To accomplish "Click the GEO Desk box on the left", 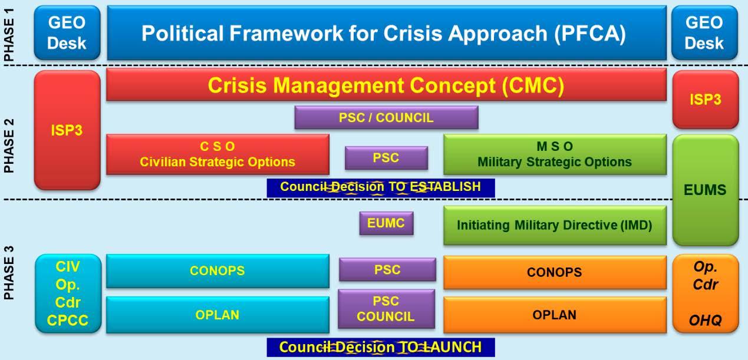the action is pyautogui.click(x=67, y=32).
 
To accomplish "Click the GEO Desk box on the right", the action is pyautogui.click(x=704, y=32).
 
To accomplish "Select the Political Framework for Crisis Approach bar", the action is pyautogui.click(x=387, y=32).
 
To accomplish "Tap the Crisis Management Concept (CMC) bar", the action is pyautogui.click(x=386, y=85).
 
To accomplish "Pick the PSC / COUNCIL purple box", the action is pyautogui.click(x=386, y=117).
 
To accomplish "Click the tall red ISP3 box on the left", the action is pyautogui.click(x=67, y=130).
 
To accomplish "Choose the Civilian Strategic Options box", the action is pyautogui.click(x=218, y=154).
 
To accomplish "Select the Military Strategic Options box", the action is pyautogui.click(x=555, y=154).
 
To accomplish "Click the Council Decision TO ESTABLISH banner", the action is pyautogui.click(x=381, y=187).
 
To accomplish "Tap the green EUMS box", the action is pyautogui.click(x=706, y=190).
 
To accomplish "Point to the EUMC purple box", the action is pyautogui.click(x=386, y=223).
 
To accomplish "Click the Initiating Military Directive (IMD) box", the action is pyautogui.click(x=555, y=226).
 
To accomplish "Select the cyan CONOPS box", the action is pyautogui.click(x=218, y=271).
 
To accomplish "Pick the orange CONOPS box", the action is pyautogui.click(x=555, y=272).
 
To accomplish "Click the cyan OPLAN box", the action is pyautogui.click(x=218, y=315).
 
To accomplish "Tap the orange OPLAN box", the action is pyautogui.click(x=555, y=315).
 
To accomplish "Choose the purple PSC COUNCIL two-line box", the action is pyautogui.click(x=386, y=309).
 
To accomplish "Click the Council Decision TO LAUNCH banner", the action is pyautogui.click(x=381, y=347).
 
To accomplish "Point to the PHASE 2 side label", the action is pyautogui.click(x=9, y=146).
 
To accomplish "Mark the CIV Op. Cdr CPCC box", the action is pyautogui.click(x=68, y=293).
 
